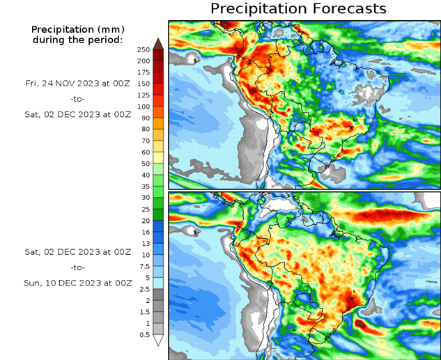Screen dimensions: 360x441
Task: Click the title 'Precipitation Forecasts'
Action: tap(298, 9)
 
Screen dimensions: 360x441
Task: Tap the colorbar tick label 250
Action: tap(144, 50)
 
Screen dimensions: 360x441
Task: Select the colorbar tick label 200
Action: tap(144, 61)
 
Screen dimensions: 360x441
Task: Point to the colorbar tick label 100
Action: tap(144, 107)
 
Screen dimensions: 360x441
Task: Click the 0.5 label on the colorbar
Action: tap(144, 335)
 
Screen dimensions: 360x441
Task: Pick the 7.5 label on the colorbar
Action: tap(144, 266)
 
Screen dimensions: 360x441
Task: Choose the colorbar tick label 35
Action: tap(144, 187)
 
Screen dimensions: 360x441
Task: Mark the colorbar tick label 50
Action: tap(144, 164)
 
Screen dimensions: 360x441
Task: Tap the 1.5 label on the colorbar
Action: tap(144, 312)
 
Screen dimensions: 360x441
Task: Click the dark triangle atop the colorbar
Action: tap(158, 44)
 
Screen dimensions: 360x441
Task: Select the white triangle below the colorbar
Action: tap(158, 341)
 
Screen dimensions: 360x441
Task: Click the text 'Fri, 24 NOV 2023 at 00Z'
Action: tap(78, 83)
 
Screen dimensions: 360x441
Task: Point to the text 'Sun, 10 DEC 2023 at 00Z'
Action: tap(78, 283)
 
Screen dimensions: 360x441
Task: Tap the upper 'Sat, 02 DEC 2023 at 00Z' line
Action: tap(78, 114)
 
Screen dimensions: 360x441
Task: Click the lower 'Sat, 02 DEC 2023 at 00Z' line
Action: tap(78, 251)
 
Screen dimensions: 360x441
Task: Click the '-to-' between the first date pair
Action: tap(78, 98)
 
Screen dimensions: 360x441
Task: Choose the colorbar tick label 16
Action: tap(144, 232)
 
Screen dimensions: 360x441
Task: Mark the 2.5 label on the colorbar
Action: tap(144, 289)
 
